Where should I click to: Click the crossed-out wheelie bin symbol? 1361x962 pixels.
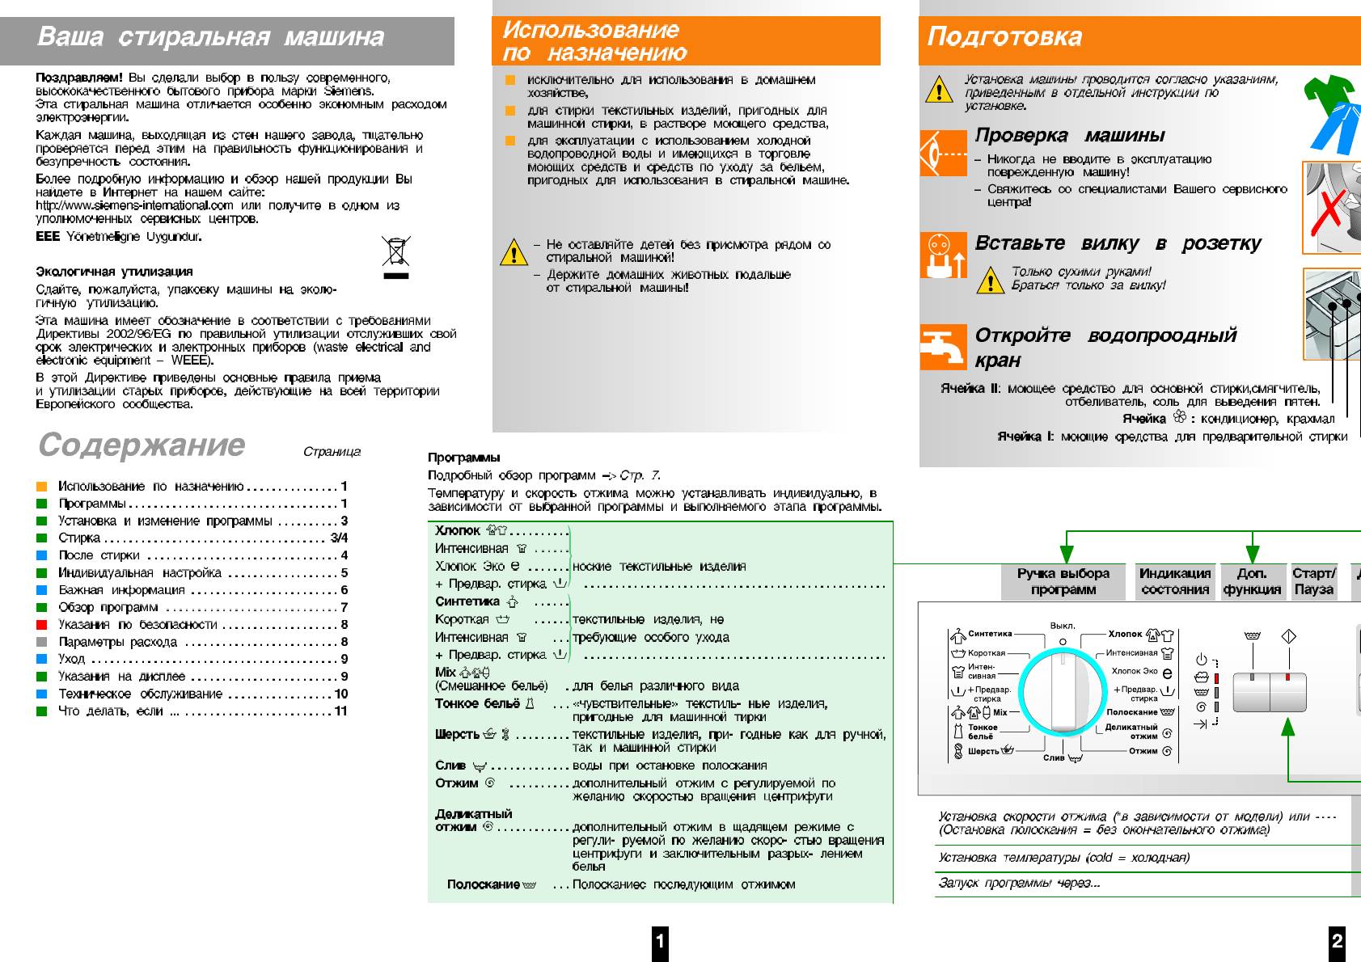[x=395, y=251]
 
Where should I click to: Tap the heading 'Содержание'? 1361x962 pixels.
[x=142, y=445]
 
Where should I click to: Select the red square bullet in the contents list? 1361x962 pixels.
[x=42, y=625]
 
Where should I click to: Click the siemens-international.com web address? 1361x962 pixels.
[x=134, y=205]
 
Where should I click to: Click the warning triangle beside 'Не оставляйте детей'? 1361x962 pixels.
[x=514, y=252]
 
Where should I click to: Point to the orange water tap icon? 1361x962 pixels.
[x=942, y=347]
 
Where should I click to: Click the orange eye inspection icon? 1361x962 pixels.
[x=942, y=153]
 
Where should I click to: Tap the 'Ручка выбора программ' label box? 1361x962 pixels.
[x=1063, y=581]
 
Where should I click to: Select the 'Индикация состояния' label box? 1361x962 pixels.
[x=1174, y=581]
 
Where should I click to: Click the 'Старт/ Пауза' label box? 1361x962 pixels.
[x=1313, y=581]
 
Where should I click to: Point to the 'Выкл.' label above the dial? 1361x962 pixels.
[x=1062, y=626]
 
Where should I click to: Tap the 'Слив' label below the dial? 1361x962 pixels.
[x=1055, y=757]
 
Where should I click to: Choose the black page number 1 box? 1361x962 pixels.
[x=660, y=940]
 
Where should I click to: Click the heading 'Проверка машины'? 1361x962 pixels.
[x=1069, y=135]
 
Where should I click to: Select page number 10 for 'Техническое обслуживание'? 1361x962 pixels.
[x=341, y=694]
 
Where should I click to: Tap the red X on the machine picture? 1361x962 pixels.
[x=1329, y=212]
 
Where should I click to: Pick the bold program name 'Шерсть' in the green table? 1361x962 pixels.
[x=457, y=734]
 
